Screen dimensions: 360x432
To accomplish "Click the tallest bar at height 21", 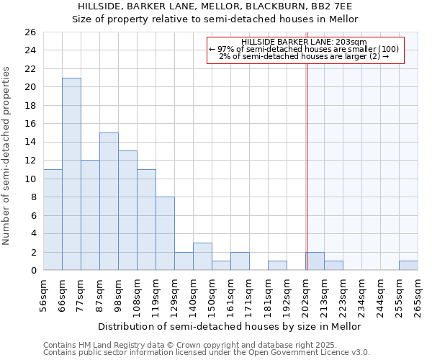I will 71,174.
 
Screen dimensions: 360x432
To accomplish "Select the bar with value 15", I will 109,202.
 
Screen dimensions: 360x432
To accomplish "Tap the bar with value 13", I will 127,210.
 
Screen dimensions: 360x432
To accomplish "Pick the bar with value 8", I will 165,233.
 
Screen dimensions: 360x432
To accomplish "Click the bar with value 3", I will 202,256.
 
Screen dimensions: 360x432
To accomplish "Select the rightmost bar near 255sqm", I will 408,266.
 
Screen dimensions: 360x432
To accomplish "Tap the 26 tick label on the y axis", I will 30,32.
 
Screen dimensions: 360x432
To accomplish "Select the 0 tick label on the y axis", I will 32,271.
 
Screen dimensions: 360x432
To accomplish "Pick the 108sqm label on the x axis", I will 137,295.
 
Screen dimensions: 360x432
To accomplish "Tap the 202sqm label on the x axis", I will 306,295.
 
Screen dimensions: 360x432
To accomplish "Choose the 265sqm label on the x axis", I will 418,295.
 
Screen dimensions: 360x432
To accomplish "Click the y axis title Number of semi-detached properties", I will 8,156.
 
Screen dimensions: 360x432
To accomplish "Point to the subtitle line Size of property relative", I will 215,19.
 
